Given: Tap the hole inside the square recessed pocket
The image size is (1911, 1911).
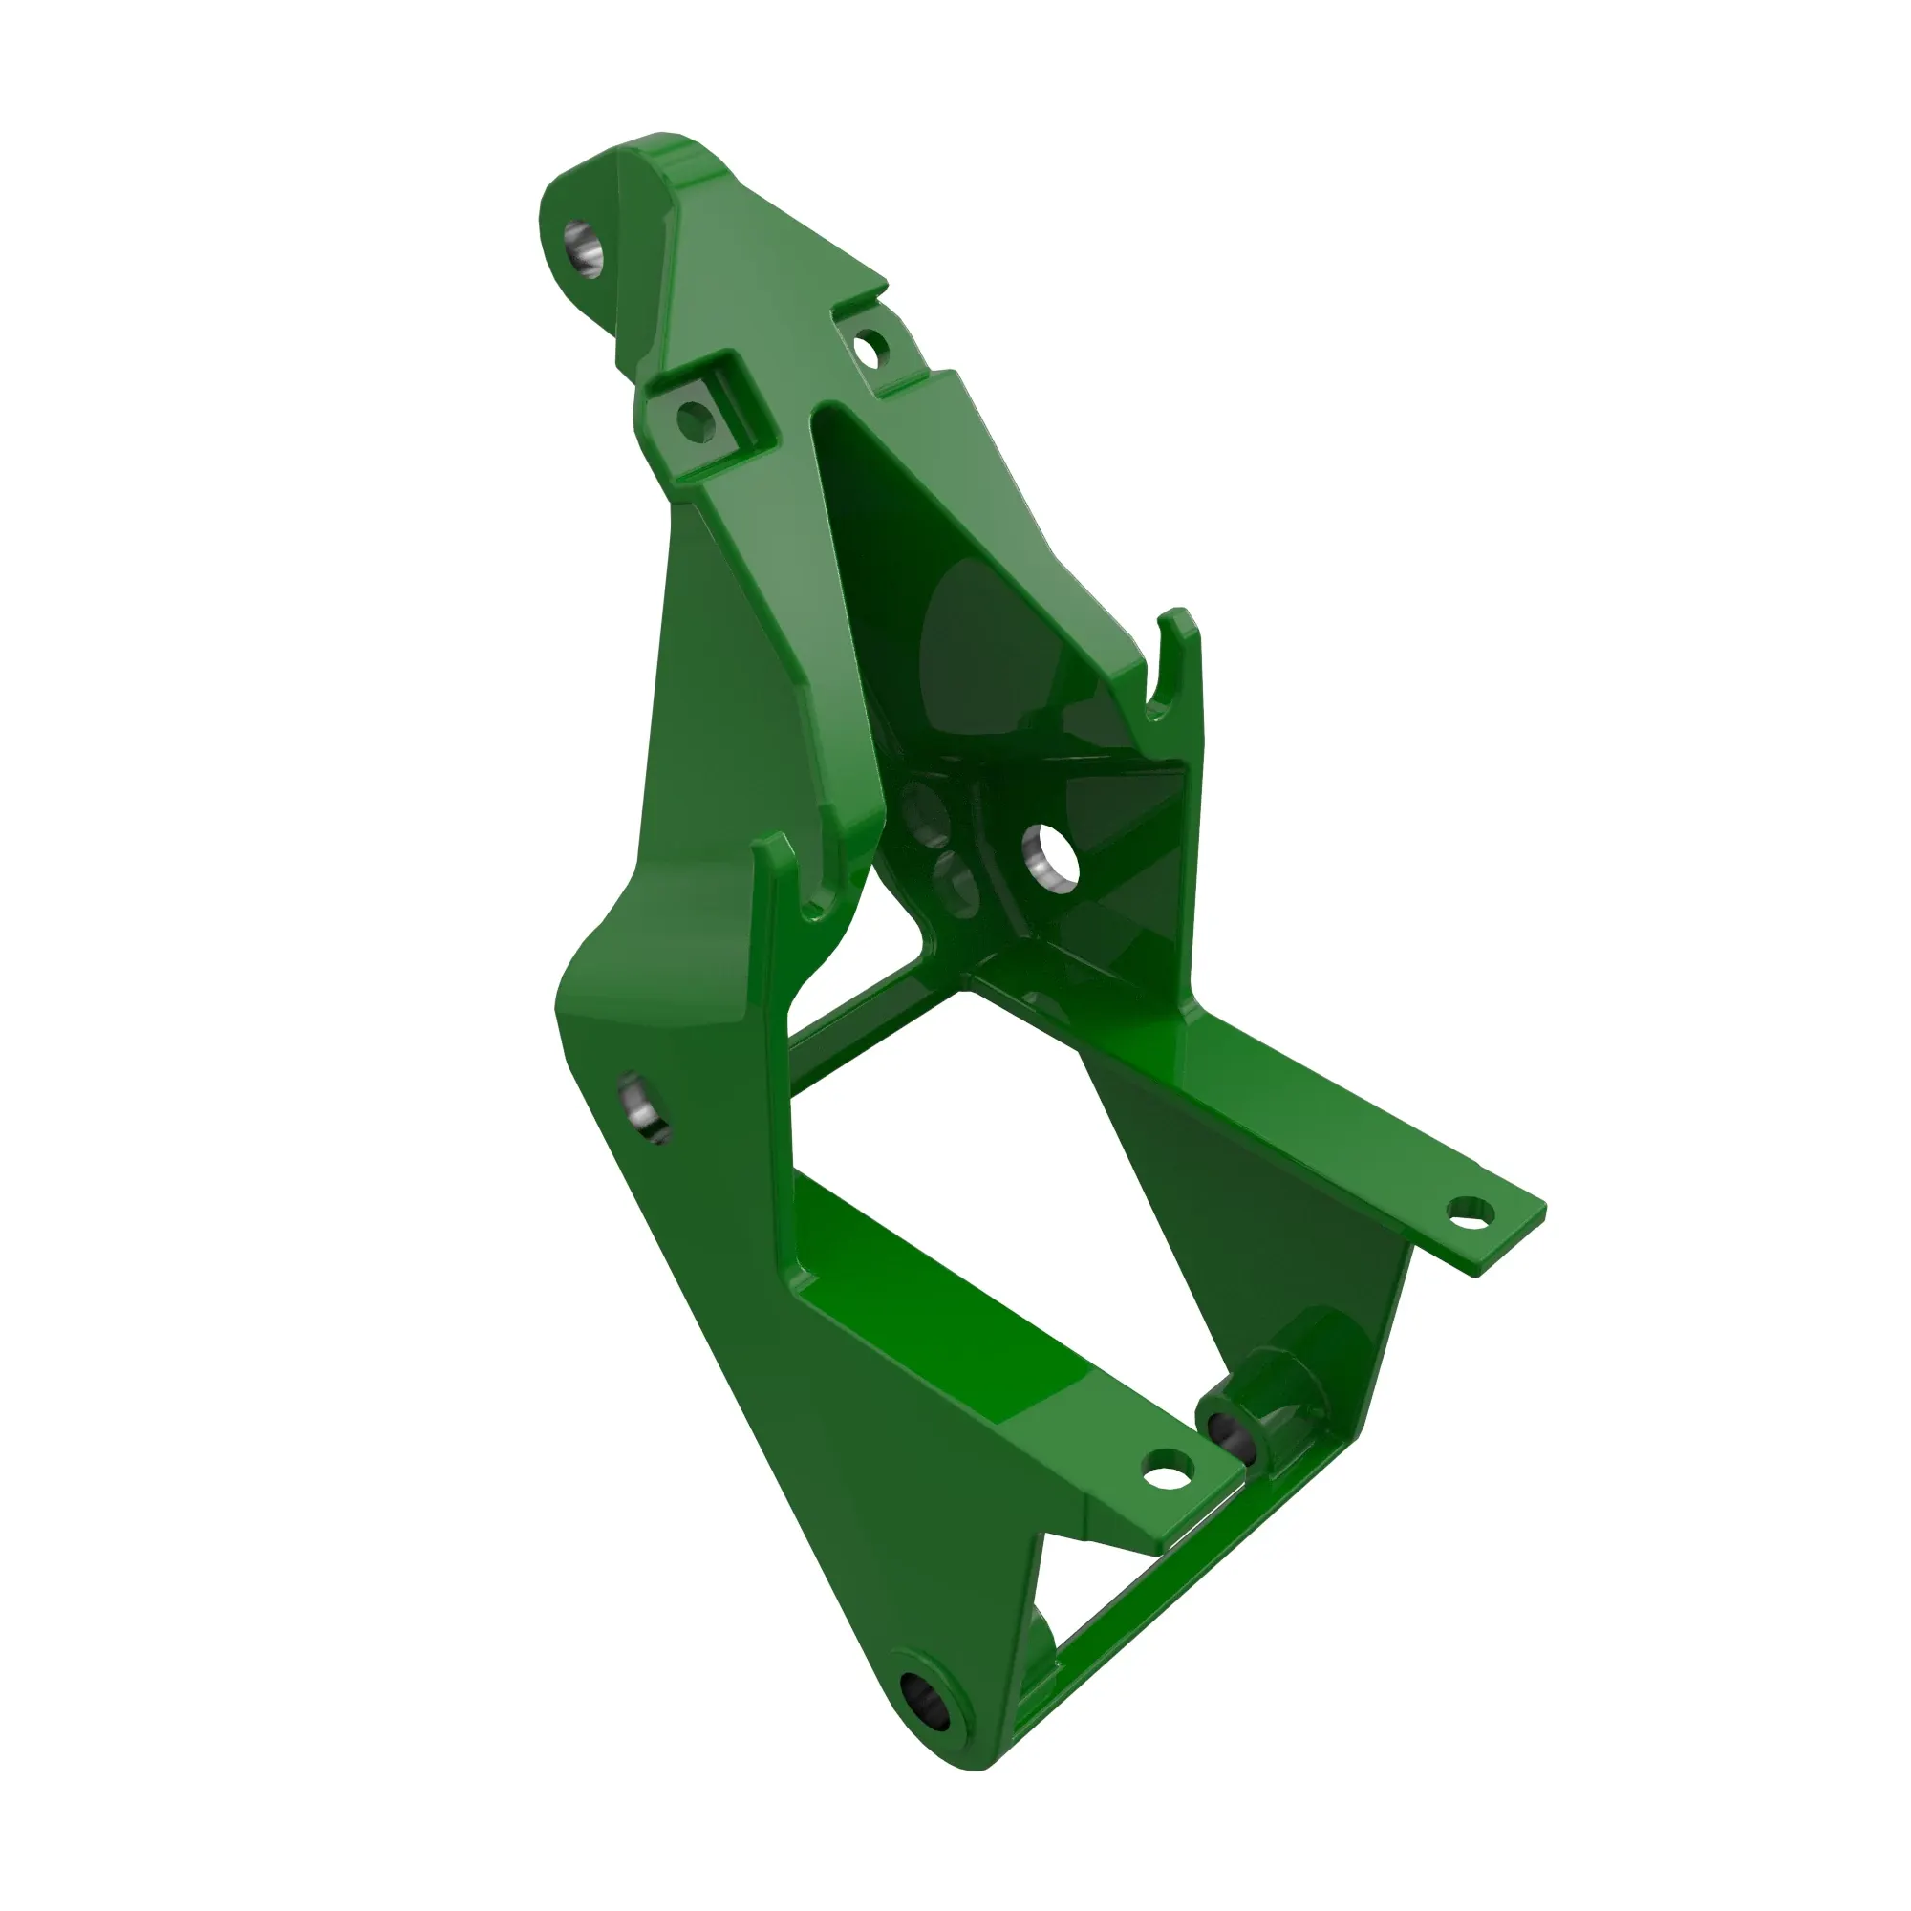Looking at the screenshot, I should pyautogui.click(x=697, y=420).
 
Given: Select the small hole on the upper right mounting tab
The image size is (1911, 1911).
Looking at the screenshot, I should pyautogui.click(x=870, y=348).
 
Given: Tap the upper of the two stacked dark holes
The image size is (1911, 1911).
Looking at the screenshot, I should pyautogui.click(x=926, y=809).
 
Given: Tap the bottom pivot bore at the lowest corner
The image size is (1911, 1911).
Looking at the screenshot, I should pyautogui.click(x=929, y=1704).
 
